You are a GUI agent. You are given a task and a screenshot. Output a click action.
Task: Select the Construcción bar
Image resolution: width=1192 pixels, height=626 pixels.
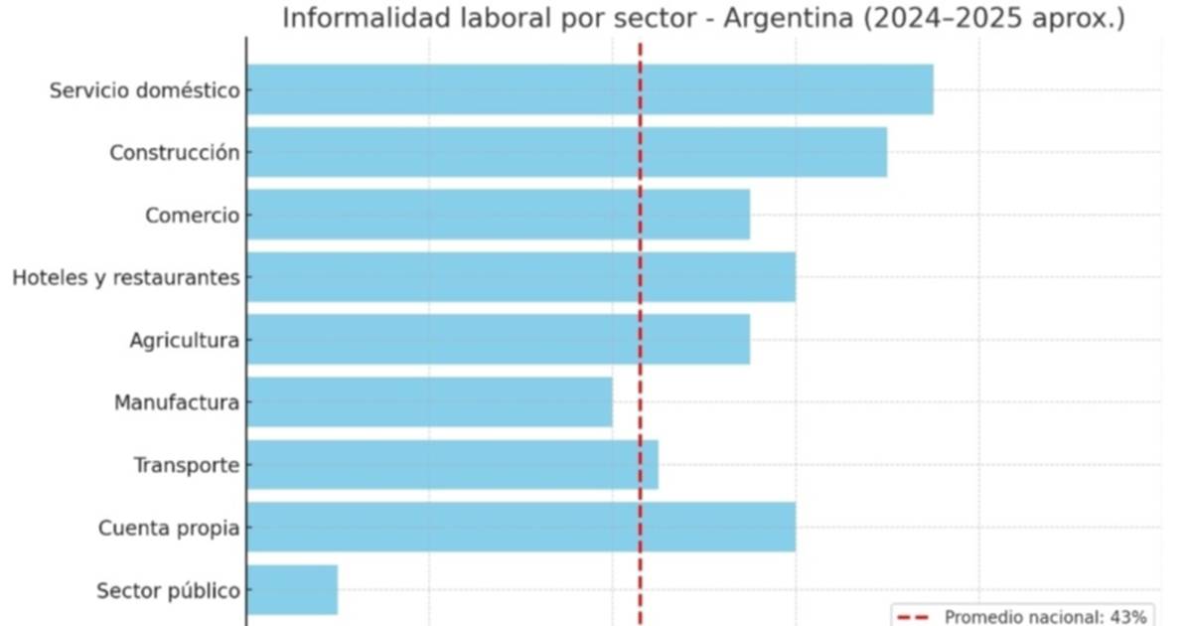[x=566, y=152]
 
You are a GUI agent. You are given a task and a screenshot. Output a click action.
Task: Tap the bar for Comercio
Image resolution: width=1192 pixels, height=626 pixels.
[x=498, y=215]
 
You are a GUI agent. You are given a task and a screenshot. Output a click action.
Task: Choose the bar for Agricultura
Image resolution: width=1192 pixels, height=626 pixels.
[x=498, y=340]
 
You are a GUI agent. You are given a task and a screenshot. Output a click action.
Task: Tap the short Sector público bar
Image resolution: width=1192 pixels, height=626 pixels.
[x=292, y=590]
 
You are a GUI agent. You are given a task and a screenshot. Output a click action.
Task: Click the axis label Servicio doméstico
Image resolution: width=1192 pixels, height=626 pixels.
[x=144, y=90]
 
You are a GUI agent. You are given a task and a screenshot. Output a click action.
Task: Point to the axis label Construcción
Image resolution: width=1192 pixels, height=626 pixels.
[x=174, y=153]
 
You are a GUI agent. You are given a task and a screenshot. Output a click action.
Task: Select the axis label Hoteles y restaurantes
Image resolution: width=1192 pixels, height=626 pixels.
[x=125, y=278]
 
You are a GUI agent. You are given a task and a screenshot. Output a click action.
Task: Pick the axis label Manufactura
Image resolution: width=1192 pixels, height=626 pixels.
[x=176, y=403]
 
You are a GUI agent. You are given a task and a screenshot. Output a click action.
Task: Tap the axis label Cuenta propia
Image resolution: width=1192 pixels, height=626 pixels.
[x=168, y=529]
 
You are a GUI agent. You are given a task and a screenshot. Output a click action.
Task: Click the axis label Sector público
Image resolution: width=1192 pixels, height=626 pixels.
[x=168, y=591]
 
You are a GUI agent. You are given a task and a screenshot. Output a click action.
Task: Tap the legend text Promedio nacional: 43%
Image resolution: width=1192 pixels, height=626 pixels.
[x=1045, y=617]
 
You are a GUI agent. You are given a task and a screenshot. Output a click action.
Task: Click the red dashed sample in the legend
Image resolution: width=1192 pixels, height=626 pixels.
[x=914, y=617]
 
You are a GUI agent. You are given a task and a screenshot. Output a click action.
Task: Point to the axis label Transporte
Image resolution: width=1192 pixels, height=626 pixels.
[x=186, y=466]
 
